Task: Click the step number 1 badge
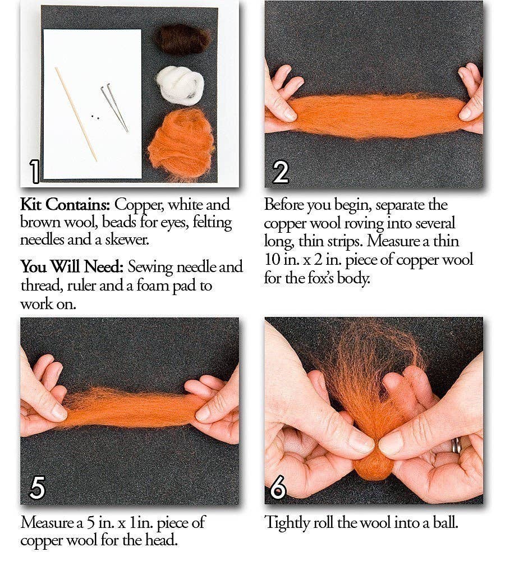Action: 35,172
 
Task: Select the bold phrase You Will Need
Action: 71,266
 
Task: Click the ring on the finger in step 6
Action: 456,444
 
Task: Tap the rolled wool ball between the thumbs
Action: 372,463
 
